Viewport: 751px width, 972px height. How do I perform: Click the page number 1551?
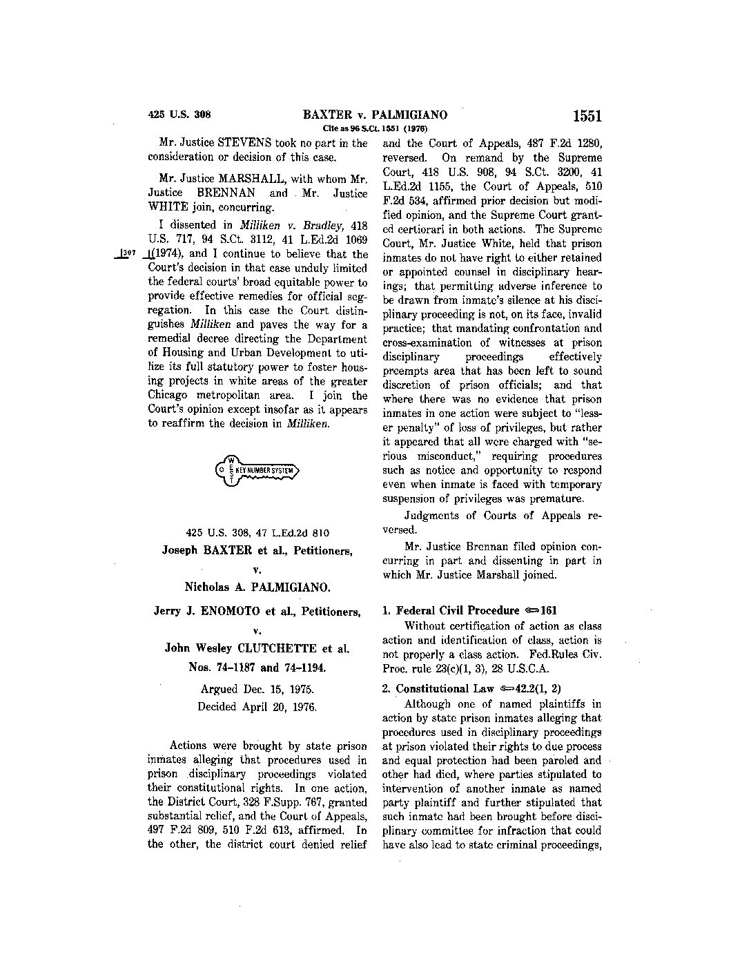pyautogui.click(x=587, y=116)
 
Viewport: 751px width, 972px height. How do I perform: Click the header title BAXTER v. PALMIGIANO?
pyautogui.click(x=375, y=115)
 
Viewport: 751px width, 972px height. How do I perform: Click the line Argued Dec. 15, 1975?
pyautogui.click(x=257, y=689)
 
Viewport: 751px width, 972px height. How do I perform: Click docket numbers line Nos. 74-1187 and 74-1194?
pyautogui.click(x=257, y=668)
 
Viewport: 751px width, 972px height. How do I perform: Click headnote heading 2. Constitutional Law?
pyautogui.click(x=445, y=688)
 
